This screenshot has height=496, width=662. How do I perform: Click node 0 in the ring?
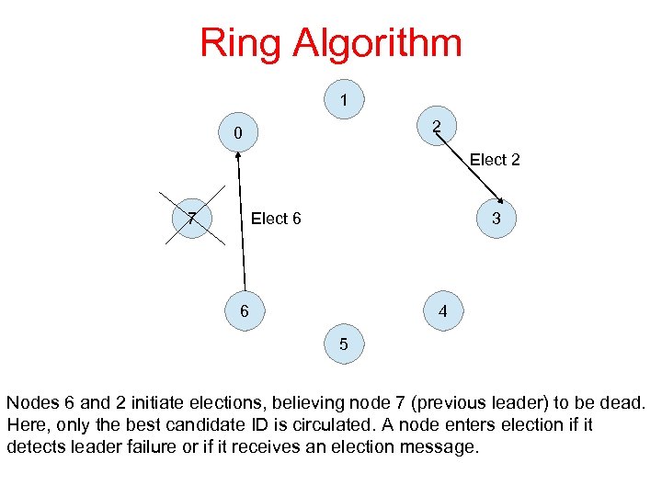coord(237,133)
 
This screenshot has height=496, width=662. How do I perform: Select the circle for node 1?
coord(343,99)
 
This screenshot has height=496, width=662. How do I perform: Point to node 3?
coord(496,219)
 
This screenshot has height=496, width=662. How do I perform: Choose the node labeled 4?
coord(443,311)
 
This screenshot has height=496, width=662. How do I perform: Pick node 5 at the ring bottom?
coord(343,345)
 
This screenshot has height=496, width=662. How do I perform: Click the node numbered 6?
coord(244,311)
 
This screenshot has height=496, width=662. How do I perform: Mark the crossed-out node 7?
coord(190,219)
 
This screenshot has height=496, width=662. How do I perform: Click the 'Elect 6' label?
coord(276,219)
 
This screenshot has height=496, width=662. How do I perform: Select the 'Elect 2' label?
coord(495,160)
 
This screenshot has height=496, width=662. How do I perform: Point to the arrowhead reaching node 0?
coord(237,155)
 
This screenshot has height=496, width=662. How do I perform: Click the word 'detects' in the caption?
coord(33,446)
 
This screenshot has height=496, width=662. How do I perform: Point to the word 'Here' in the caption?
coord(23,424)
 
